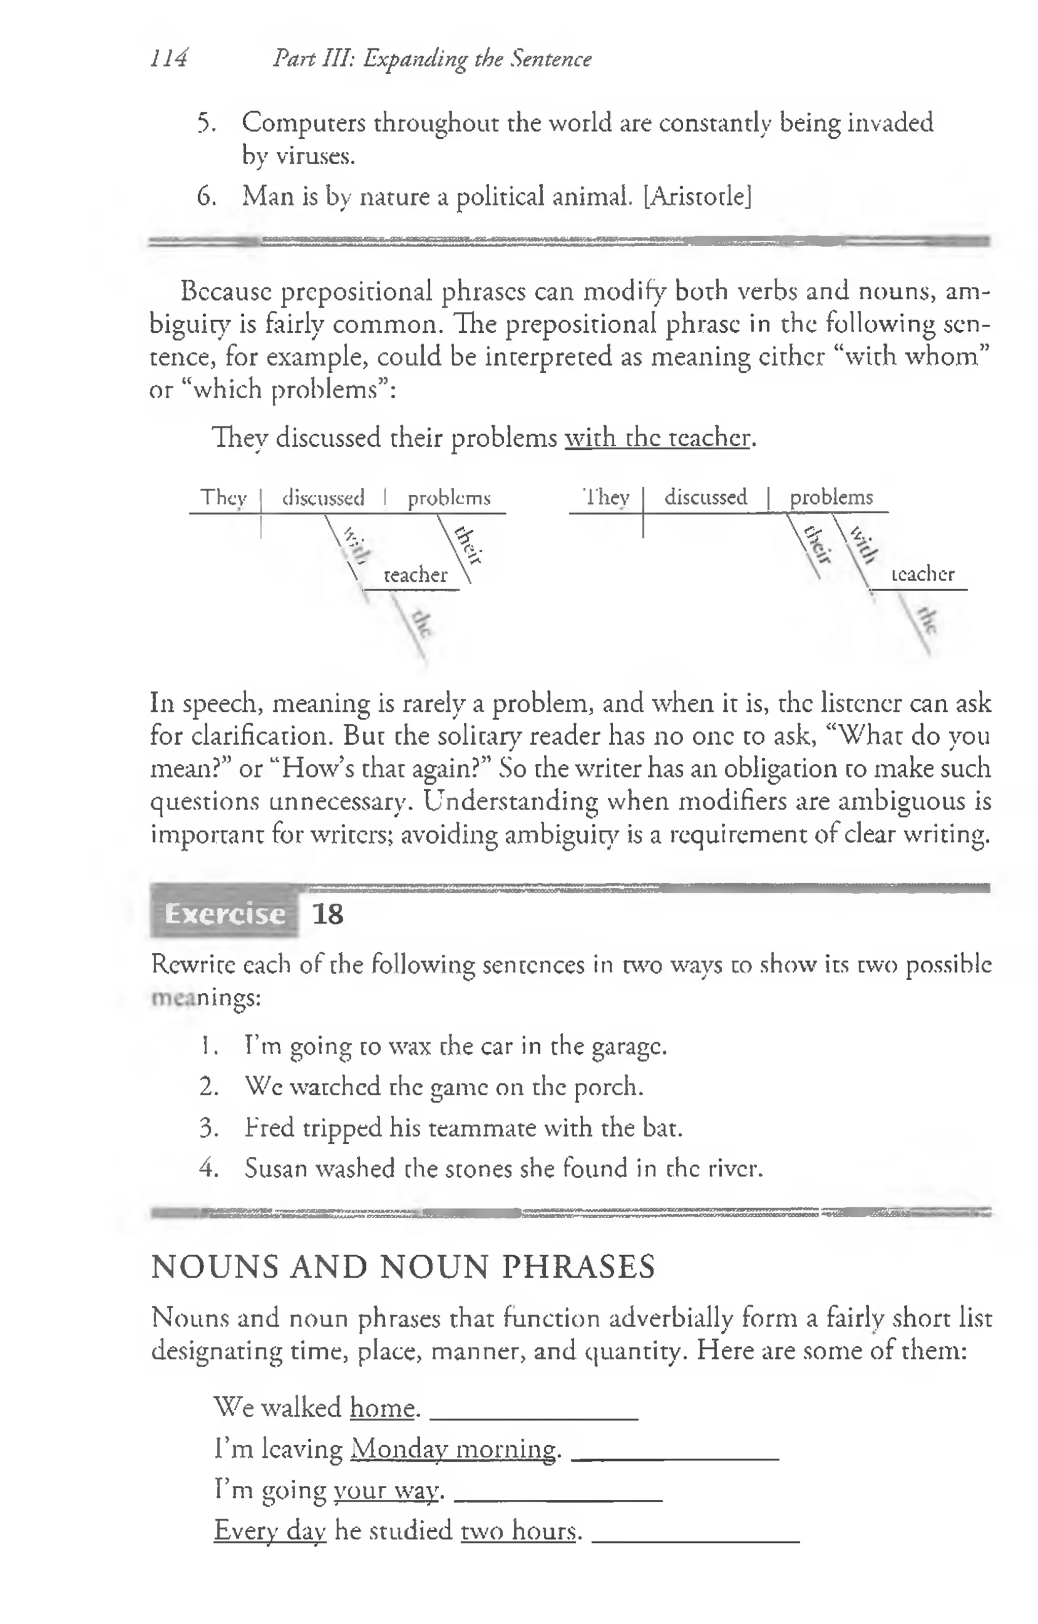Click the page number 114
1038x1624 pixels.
pos(168,59)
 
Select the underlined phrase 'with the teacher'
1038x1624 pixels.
pos(657,438)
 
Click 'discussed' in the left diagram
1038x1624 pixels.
pos(323,498)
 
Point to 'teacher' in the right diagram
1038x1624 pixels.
pos(922,574)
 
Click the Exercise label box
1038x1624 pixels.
pos(224,914)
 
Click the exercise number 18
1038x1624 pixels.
pos(328,914)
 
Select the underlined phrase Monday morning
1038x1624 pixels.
pos(454,1449)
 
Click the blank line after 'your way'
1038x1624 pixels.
pos(558,1498)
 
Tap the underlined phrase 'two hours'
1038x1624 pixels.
pos(519,1530)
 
